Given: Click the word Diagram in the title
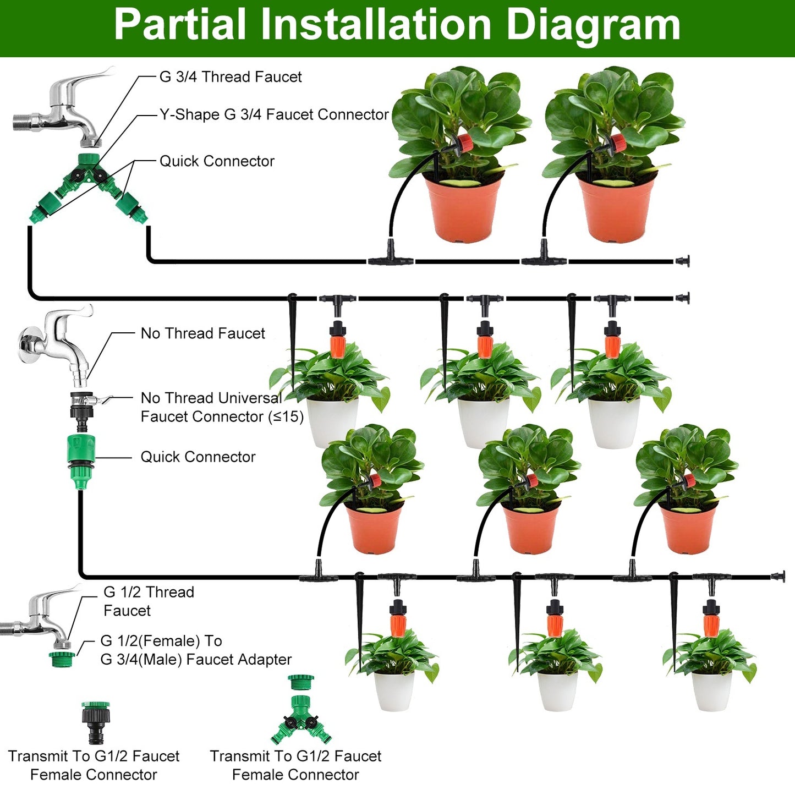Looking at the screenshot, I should [593, 25].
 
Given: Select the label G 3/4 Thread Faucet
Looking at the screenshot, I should [230, 77].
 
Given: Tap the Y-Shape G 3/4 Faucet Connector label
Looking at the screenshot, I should [274, 114].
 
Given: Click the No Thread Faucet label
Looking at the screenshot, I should [202, 333].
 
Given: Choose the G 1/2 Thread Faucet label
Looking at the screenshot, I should [149, 601].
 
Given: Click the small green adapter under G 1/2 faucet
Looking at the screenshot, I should [62, 659].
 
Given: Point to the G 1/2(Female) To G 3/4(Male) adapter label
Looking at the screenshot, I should [195, 650].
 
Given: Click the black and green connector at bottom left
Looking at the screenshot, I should [96, 722].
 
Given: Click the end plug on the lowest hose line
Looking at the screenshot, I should [777, 577].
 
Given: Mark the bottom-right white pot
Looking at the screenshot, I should [711, 690].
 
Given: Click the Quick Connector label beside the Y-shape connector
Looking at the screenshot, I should [217, 161].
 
